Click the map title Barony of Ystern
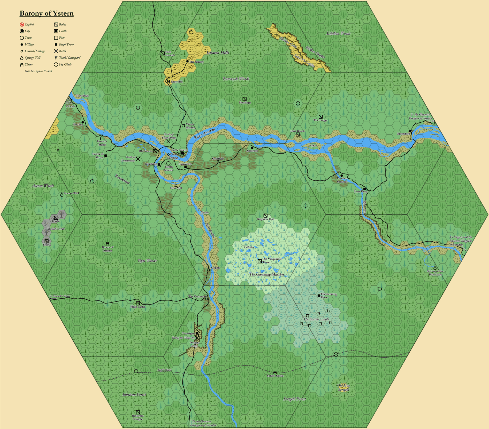coord(46,13)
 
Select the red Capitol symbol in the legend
coord(22,25)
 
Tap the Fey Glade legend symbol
coord(56,64)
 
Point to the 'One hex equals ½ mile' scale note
coord(39,71)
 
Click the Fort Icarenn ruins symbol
coord(162,53)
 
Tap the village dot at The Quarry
coord(188,61)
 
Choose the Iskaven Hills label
coord(218,53)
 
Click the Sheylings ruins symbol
coord(244,99)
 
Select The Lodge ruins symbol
coord(321,117)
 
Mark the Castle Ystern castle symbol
coord(182,154)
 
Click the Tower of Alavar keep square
coord(106,155)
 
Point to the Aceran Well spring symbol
coord(62,194)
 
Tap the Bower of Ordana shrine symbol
coord(107,244)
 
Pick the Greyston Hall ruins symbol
coord(265,216)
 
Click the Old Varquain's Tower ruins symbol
coord(260,261)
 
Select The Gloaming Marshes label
coord(267,274)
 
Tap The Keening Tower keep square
coord(319,296)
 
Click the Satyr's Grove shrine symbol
coord(275,372)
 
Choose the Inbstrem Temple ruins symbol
coord(138,412)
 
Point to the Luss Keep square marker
coord(365,189)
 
